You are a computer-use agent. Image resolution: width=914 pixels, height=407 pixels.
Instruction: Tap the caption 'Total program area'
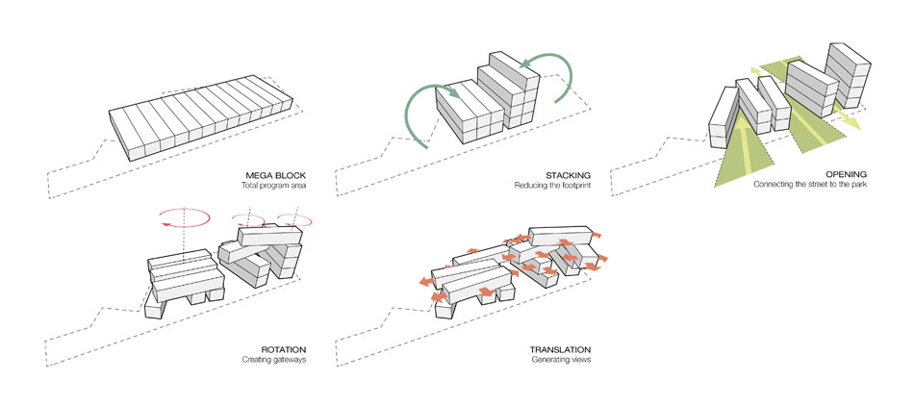[274, 186]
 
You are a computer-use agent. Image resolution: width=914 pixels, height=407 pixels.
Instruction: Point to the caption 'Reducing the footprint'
[553, 186]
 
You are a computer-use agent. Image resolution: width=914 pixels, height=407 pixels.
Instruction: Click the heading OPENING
[846, 175]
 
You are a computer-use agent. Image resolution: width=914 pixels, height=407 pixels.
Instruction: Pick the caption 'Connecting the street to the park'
[811, 186]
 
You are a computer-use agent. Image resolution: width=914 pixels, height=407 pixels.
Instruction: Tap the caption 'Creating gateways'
[273, 361]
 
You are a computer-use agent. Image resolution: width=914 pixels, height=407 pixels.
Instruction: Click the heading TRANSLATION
[560, 349]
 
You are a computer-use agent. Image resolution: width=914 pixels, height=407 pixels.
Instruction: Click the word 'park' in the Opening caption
[858, 186]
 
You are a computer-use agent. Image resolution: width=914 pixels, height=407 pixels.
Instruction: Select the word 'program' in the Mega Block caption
[273, 186]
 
